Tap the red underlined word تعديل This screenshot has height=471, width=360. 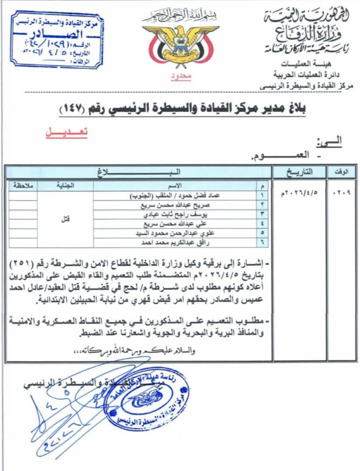(x=66, y=132)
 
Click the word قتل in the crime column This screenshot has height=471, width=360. (x=65, y=219)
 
